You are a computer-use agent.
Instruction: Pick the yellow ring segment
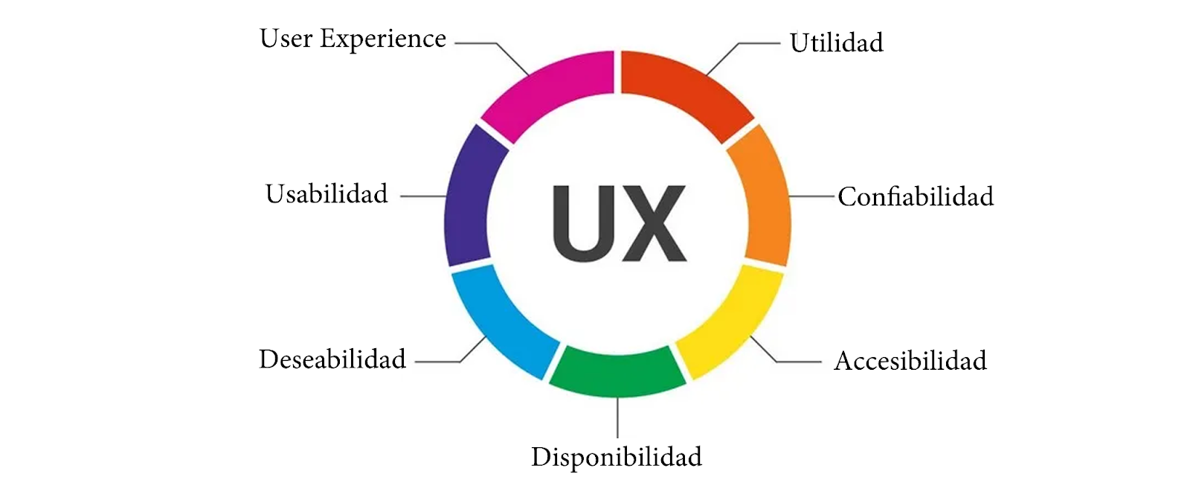[733, 320]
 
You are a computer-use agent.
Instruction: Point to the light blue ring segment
[502, 320]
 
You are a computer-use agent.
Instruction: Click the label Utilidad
[837, 43]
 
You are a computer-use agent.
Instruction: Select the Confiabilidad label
[916, 197]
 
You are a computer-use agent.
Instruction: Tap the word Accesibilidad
[910, 361]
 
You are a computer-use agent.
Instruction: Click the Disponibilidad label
[617, 457]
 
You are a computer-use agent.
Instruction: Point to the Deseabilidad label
[332, 359]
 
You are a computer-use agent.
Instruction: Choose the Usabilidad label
[327, 194]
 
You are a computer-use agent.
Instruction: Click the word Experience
[383, 39]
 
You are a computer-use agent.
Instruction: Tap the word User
[286, 39]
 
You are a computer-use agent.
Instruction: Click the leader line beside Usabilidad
[422, 196]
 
